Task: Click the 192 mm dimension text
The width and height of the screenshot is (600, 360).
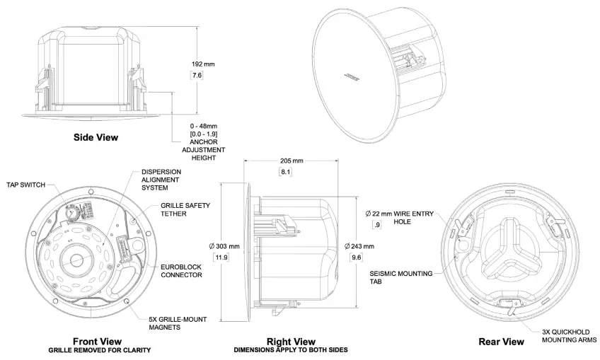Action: point(203,64)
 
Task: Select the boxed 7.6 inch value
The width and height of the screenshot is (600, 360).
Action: point(197,75)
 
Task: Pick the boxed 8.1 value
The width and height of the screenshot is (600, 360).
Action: point(285,172)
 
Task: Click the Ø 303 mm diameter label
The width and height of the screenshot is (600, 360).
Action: point(225,245)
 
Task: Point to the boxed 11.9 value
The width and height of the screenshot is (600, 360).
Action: point(221,257)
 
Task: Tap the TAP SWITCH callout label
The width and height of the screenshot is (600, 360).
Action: point(25,185)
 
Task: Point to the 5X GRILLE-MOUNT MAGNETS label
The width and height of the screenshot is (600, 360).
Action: point(177,323)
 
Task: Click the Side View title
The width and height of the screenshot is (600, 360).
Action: point(96,137)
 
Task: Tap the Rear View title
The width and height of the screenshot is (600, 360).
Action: point(501,342)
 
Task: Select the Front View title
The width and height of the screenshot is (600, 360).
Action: point(97,341)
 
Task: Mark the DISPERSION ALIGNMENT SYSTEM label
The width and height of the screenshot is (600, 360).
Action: point(161,180)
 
